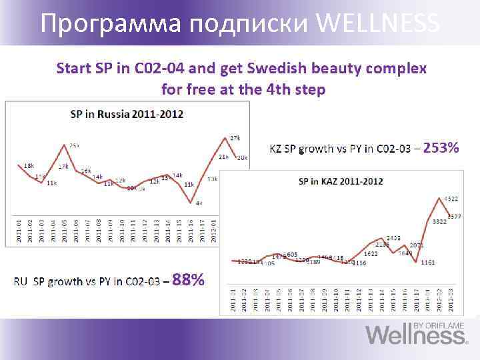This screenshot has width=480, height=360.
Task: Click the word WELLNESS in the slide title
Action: click(x=379, y=24)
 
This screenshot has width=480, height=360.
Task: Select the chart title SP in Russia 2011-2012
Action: click(x=127, y=114)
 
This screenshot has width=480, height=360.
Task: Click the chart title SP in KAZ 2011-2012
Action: click(x=340, y=181)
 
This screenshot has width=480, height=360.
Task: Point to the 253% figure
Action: click(x=441, y=148)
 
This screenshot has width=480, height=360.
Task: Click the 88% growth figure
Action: click(x=188, y=280)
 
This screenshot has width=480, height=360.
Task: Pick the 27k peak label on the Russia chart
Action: click(x=235, y=138)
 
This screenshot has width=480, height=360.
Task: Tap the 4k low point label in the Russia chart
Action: click(x=199, y=203)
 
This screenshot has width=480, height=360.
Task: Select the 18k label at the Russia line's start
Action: click(x=29, y=165)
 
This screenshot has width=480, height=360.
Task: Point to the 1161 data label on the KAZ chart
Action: click(x=427, y=263)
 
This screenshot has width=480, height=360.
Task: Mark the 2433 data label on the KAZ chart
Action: click(x=393, y=238)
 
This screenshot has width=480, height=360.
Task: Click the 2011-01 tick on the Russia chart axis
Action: click(x=19, y=230)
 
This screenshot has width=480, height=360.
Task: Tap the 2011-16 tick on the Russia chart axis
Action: click(x=191, y=230)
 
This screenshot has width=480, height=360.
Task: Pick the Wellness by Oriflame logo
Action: click(x=417, y=333)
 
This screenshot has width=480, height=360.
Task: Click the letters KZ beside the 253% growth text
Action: click(x=275, y=149)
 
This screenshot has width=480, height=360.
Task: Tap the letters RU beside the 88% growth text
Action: click(x=21, y=281)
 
